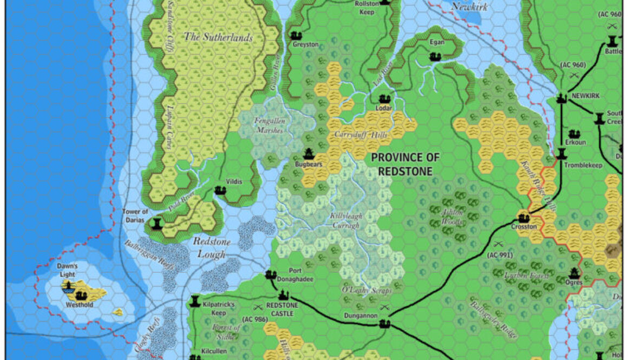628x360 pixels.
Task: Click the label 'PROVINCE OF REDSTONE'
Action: pos(405,165)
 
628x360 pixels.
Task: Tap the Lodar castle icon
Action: pos(384,99)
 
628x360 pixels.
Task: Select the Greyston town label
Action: pos(305,44)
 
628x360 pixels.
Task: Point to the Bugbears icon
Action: pos(309,154)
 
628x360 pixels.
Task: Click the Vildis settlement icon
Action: pos(220,190)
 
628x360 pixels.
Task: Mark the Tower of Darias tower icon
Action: pos(157,223)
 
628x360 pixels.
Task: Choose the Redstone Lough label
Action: pos(212,246)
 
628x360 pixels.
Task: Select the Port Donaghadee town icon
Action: pos(271,275)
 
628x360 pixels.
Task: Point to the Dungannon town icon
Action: pos(385,324)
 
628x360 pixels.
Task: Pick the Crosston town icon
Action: pos(524,218)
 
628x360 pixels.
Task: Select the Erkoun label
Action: pos(576,142)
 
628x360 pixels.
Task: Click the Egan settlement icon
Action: pos(435,56)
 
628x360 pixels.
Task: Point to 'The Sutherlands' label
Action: pos(218,37)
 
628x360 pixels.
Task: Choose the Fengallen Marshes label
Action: pos(269,126)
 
